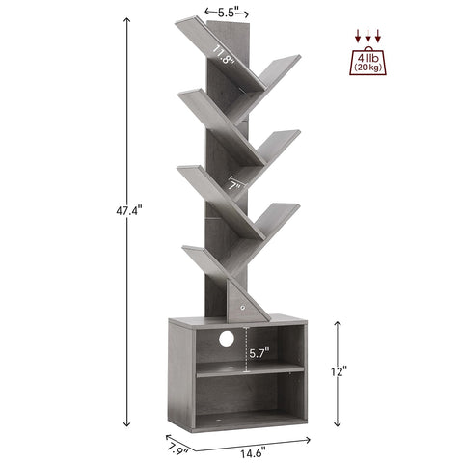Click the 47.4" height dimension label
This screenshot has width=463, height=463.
(128, 211)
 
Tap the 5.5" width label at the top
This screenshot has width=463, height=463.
(227, 13)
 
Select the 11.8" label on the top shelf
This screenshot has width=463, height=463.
(223, 55)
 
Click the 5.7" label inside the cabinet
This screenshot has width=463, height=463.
(259, 353)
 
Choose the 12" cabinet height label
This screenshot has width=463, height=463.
(340, 371)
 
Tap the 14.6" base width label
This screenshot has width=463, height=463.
(253, 453)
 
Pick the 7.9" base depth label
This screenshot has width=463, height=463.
(177, 449)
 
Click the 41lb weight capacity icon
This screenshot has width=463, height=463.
(368, 61)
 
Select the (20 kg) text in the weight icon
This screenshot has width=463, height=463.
(368, 68)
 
